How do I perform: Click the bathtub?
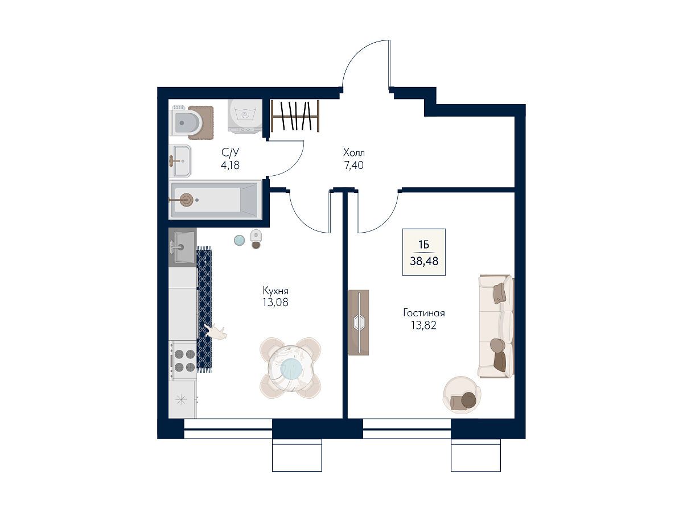click(x=215, y=200)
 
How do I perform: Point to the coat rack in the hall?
click(x=295, y=116)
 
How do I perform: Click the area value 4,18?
click(x=230, y=165)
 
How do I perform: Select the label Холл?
click(x=354, y=152)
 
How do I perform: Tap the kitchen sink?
click(x=183, y=247)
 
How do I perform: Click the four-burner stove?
click(x=183, y=361)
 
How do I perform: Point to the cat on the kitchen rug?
click(x=217, y=332)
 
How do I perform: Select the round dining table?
click(x=290, y=368)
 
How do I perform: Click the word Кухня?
click(x=275, y=291)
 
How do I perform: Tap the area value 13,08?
click(x=275, y=302)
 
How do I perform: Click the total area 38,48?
click(x=424, y=261)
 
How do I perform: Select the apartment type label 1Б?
click(x=423, y=245)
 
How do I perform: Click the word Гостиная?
click(x=424, y=313)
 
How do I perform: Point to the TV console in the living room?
click(x=359, y=323)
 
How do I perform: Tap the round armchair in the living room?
click(x=462, y=395)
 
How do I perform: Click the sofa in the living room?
click(x=496, y=326)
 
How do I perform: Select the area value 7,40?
click(x=353, y=165)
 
